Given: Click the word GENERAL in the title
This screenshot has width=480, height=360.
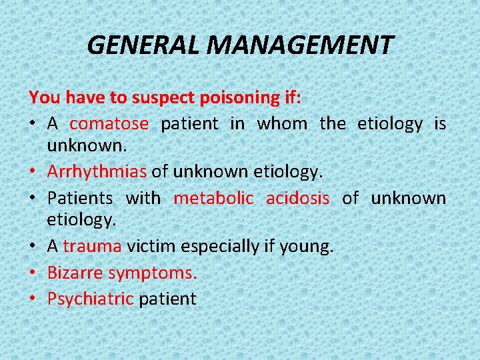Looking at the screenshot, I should (144, 45).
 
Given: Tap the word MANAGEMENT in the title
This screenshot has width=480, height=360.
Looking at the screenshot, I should (300, 45).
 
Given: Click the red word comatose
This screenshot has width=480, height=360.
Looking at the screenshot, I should (109, 123).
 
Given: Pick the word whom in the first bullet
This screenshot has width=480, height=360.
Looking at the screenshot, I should (281, 123).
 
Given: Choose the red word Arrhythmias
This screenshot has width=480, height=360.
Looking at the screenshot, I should (97, 171).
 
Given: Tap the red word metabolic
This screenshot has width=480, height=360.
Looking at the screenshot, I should (213, 198).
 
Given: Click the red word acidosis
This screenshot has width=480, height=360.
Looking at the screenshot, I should (297, 198).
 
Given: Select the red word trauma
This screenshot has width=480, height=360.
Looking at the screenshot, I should (93, 246).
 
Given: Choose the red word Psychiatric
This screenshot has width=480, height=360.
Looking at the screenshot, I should (91, 299).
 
